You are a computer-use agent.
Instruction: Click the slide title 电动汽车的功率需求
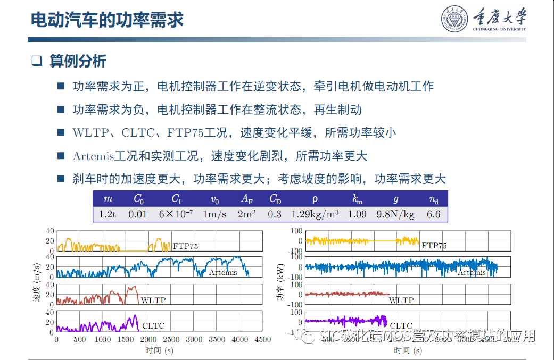pos(107,20)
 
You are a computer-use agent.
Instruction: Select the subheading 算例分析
pos(78,61)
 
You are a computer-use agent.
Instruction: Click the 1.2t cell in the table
pos(109,214)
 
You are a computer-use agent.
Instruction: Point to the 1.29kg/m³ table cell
pos(315,214)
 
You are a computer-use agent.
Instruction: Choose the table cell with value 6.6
pos(434,214)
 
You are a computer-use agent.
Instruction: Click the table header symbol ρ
pos(315,199)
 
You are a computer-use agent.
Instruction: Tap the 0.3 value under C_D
pos(275,214)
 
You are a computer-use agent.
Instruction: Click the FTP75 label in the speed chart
pos(186,246)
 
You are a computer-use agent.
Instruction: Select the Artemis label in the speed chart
pos(223,272)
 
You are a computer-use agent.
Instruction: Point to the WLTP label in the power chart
pos(401,300)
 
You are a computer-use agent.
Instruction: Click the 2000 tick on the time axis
pos(148,339)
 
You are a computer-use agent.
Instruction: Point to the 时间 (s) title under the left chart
pos(159,350)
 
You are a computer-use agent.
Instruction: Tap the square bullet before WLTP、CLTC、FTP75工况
pos(61,132)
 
